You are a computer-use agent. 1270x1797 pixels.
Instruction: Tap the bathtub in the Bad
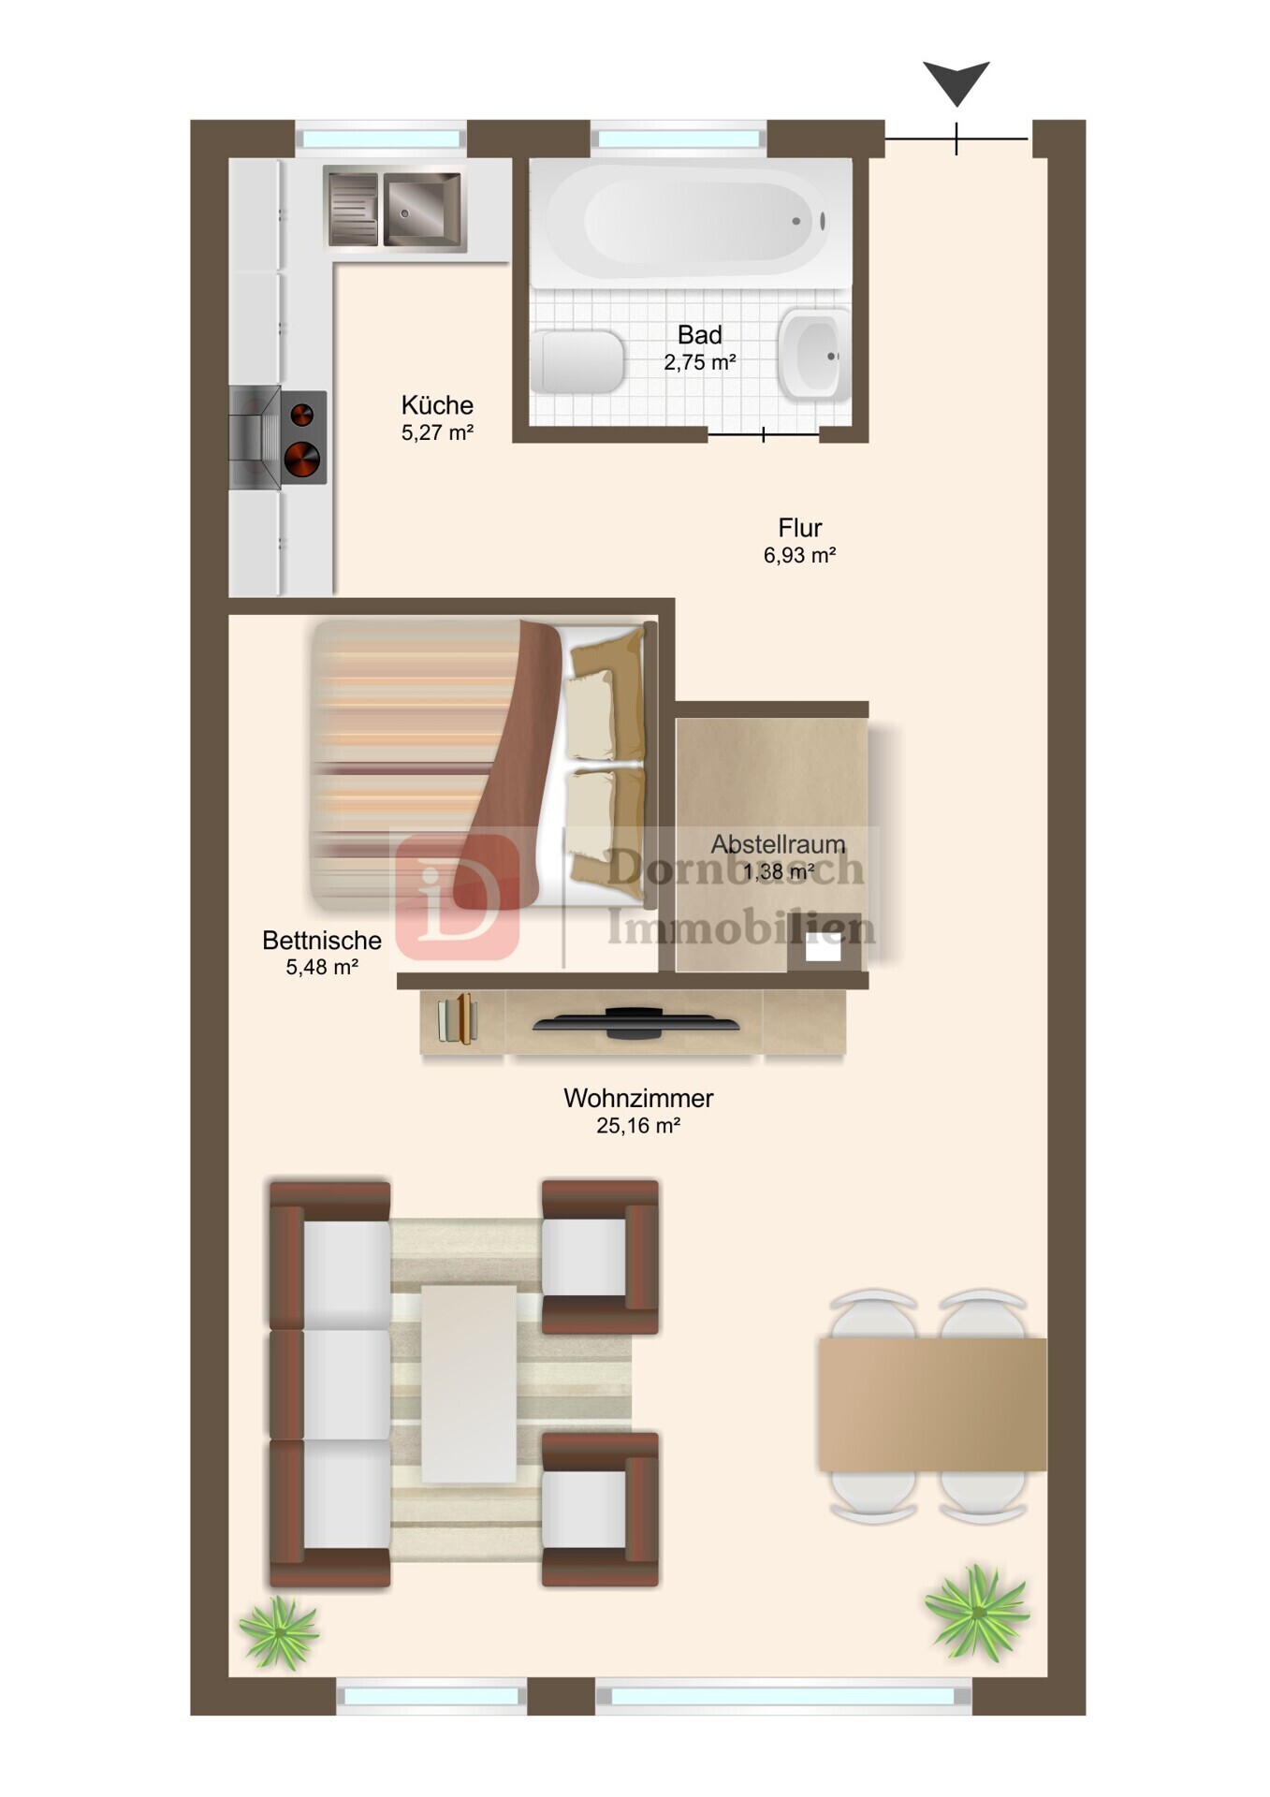click(x=691, y=222)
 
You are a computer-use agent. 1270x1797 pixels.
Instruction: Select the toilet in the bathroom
click(x=577, y=361)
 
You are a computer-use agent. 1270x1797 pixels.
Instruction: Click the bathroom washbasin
click(x=813, y=355)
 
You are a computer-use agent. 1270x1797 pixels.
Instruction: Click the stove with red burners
click(x=278, y=437)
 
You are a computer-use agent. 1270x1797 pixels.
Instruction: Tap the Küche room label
click(x=437, y=405)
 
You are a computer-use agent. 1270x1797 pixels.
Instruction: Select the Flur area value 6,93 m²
click(x=799, y=555)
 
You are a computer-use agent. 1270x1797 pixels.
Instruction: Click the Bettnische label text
click(x=322, y=940)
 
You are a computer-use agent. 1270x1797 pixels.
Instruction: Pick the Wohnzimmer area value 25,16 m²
click(x=638, y=1126)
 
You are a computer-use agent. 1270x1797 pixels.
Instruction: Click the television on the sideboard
click(x=636, y=1023)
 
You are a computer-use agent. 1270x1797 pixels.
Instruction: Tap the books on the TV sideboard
click(x=458, y=1018)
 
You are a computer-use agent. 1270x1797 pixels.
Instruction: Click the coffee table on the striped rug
click(x=469, y=1383)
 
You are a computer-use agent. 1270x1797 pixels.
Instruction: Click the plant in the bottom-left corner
click(x=279, y=1634)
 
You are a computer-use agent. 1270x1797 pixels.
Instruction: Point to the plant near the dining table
click(x=977, y=1613)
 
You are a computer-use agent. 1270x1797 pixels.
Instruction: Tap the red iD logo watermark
click(x=458, y=898)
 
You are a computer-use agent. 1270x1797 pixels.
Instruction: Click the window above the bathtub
click(x=679, y=139)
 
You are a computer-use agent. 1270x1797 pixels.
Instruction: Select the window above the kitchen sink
click(x=381, y=139)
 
